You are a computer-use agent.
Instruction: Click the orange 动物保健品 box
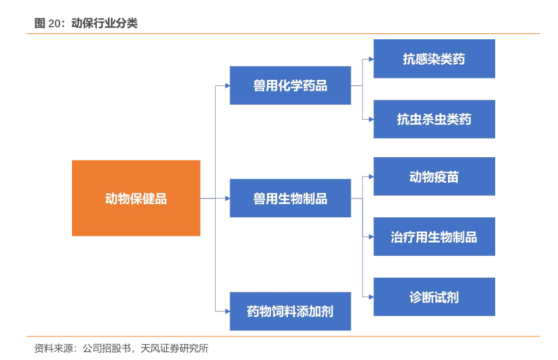tap(136, 198)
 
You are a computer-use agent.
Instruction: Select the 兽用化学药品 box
tap(290, 86)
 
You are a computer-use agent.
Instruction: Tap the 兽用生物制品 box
tap(290, 198)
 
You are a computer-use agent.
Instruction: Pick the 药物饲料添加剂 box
tap(290, 311)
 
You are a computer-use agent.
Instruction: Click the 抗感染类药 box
tap(434, 59)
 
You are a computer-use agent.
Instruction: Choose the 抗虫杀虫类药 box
tap(434, 119)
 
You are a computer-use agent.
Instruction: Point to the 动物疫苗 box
tap(434, 177)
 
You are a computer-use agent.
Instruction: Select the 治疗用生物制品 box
tap(434, 237)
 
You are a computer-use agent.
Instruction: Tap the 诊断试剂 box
tap(434, 297)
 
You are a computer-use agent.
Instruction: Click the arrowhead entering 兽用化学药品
tap(228, 86)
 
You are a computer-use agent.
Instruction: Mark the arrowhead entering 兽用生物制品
tap(228, 198)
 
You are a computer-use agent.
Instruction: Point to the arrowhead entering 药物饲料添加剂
tap(228, 311)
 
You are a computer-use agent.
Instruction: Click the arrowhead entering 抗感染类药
tap(371, 59)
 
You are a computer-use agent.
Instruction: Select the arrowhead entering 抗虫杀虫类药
tap(371, 119)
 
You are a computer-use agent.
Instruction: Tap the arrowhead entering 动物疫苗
tap(371, 177)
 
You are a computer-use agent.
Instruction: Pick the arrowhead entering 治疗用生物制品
tap(371, 237)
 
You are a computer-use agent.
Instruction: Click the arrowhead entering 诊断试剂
tap(371, 297)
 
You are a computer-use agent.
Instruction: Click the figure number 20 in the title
tap(55, 24)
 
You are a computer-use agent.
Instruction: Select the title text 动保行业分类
tap(104, 23)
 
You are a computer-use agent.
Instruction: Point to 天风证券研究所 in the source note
tap(175, 348)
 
